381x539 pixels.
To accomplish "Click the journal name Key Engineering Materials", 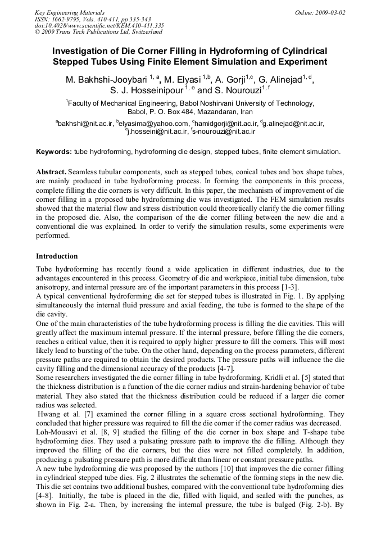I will tap(69, 12).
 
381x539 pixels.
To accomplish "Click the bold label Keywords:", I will tap(53, 152).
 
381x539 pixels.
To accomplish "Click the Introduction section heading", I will tap(57, 256).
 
